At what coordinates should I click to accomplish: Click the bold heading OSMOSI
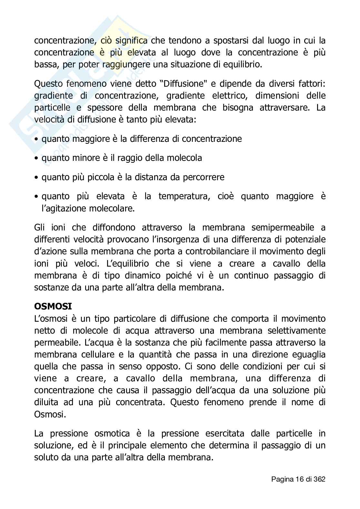click(x=53, y=306)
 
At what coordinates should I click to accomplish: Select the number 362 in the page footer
click(x=319, y=479)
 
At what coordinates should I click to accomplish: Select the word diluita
click(x=46, y=402)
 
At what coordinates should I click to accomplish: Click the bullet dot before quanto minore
click(x=36, y=158)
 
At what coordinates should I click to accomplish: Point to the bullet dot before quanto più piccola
click(x=36, y=177)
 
